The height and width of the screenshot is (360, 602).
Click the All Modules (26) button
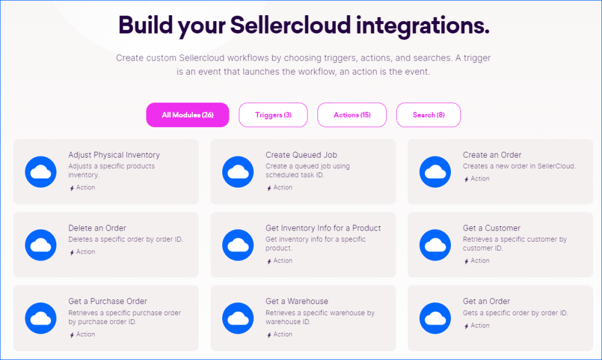click(188, 115)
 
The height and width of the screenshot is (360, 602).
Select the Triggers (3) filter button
click(273, 115)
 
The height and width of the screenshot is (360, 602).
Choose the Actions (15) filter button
click(352, 115)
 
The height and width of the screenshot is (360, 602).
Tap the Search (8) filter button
click(428, 115)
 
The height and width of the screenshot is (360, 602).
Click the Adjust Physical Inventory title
click(114, 155)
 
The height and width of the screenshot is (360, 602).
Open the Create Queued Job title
click(301, 155)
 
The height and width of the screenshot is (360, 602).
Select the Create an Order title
click(492, 155)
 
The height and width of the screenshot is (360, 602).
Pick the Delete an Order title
click(97, 228)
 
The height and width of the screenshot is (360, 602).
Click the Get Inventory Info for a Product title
click(323, 228)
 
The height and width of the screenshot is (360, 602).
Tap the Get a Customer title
click(491, 228)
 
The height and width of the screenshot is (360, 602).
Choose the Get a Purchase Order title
click(108, 301)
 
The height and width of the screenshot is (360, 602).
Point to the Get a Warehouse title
click(297, 301)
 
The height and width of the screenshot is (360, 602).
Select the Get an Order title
click(486, 301)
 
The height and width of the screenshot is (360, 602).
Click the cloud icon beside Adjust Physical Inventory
click(41, 172)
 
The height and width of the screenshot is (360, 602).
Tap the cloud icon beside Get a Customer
click(435, 245)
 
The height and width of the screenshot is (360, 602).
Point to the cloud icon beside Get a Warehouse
click(238, 318)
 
